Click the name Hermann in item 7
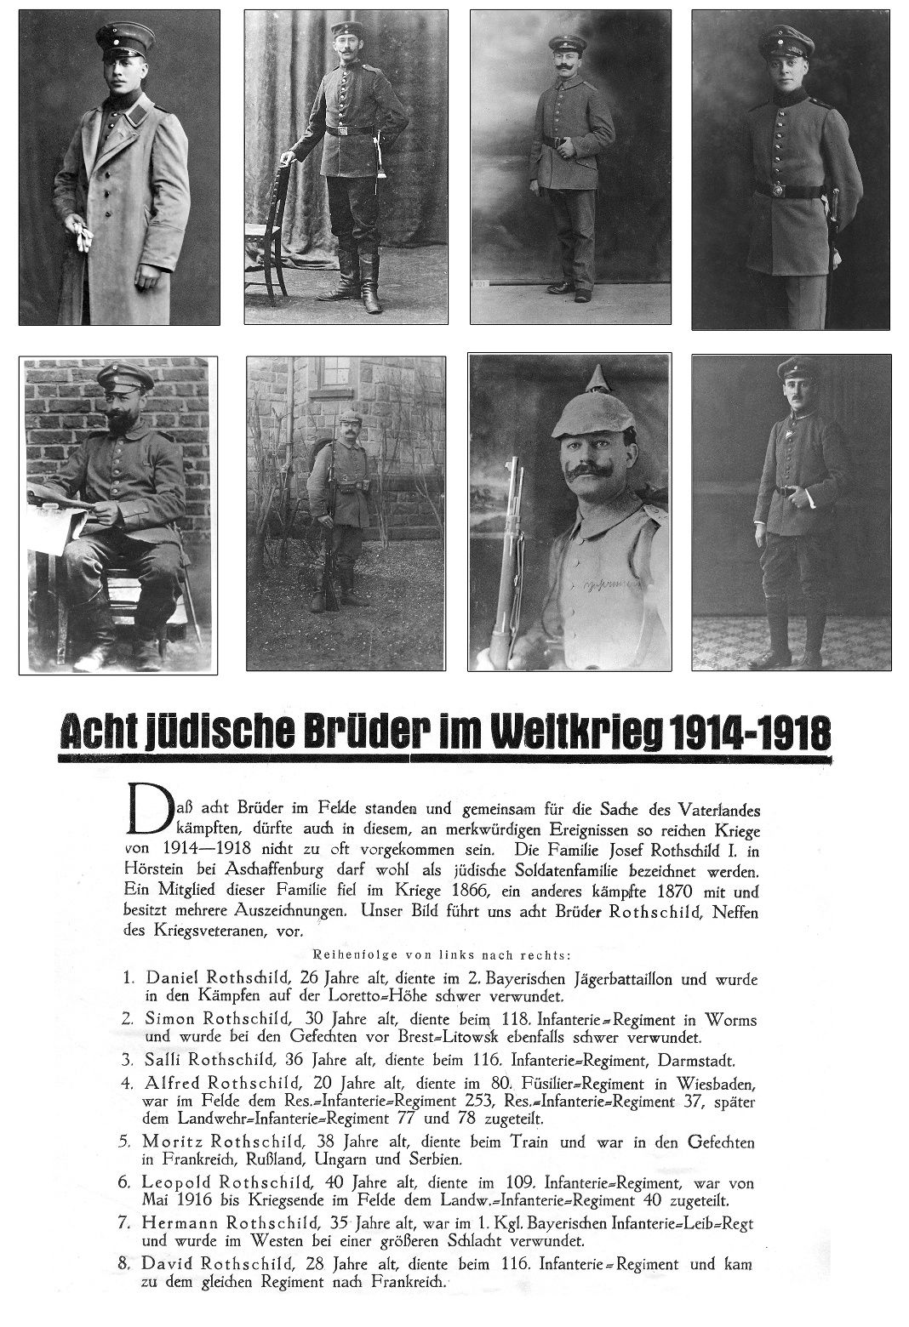coord(180,1223)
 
